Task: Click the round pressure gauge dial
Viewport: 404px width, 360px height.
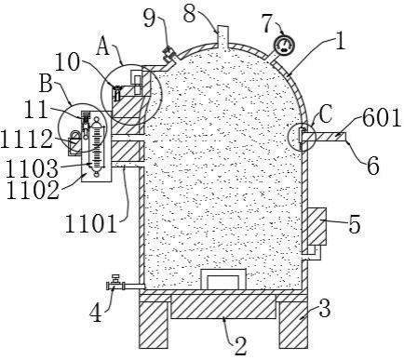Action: pyautogui.click(x=284, y=46)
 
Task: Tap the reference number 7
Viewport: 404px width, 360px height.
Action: pyautogui.click(x=269, y=24)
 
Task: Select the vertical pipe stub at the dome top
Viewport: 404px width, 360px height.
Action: pyautogui.click(x=222, y=36)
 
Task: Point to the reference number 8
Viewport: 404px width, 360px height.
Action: pyautogui.click(x=190, y=13)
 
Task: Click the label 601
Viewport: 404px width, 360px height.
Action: pyautogui.click(x=383, y=117)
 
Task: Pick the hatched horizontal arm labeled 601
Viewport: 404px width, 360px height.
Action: pyautogui.click(x=325, y=137)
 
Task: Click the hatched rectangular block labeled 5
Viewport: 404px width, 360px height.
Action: pyautogui.click(x=316, y=226)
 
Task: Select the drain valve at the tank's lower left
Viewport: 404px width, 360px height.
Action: pyautogui.click(x=119, y=284)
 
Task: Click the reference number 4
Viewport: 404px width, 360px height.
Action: pyautogui.click(x=96, y=313)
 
